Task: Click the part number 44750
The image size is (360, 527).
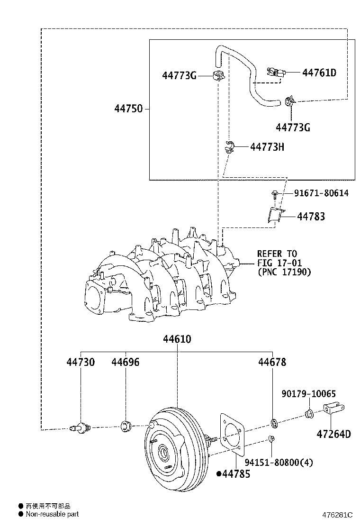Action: pos(128,109)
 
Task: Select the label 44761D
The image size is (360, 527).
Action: pos(319,73)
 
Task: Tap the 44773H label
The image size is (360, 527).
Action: pos(267,147)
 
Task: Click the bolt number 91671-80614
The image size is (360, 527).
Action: pos(321,193)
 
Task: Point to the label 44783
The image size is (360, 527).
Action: pos(311,217)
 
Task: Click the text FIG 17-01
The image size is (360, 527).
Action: pos(279,263)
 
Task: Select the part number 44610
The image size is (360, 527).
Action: pos(177,339)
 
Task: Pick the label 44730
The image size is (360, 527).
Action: pos(80,362)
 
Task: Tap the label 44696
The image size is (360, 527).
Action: pos(126,362)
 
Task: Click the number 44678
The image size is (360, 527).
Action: pos(272,362)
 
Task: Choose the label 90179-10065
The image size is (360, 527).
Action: pos(308,394)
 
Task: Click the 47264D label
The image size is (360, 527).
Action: pos(334,434)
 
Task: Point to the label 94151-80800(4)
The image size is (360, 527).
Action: pos(279,462)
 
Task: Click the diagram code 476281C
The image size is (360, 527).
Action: pos(338,515)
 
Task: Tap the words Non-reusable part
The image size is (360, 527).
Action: pos(52,514)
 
